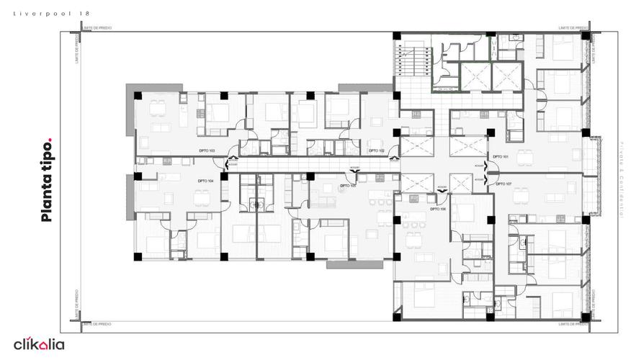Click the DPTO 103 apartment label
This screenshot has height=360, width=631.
(207, 150)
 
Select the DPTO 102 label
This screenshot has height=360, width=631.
(376, 150)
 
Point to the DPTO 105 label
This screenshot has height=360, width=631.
(348, 185)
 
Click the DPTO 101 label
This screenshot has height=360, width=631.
(501, 156)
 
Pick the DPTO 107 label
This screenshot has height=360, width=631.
(504, 184)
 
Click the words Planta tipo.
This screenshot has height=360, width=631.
(47, 179)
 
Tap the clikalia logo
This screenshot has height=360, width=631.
(39, 344)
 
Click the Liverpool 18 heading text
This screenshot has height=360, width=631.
(52, 13)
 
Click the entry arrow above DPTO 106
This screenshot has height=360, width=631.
(442, 187)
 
